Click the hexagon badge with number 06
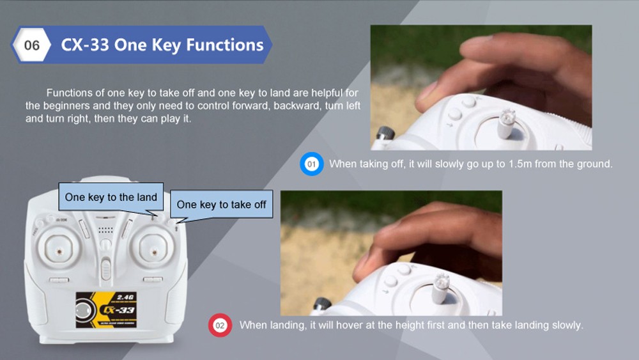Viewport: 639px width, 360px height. click(x=31, y=45)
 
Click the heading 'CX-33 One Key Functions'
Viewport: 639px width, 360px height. click(x=162, y=45)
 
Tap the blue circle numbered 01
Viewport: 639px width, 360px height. click(x=312, y=164)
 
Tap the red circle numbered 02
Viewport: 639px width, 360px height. click(x=220, y=325)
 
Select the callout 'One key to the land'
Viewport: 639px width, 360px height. click(x=111, y=198)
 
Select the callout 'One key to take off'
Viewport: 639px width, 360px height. click(x=221, y=204)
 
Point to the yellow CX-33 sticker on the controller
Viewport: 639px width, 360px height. click(x=106, y=310)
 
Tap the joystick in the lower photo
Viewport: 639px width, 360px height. click(x=440, y=288)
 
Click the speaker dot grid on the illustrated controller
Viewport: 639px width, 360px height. click(x=105, y=230)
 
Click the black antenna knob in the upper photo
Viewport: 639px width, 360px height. click(x=385, y=134)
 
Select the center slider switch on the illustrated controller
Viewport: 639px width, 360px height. click(x=106, y=269)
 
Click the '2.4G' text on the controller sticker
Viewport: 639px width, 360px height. click(x=125, y=297)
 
